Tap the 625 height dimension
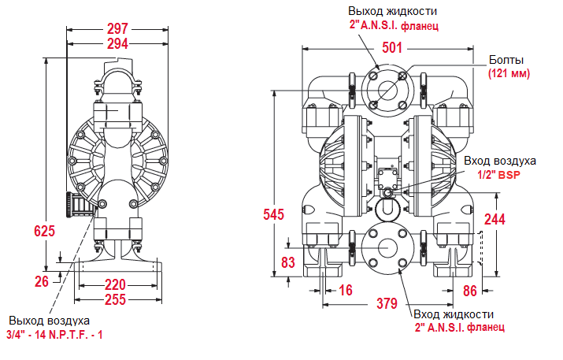[45, 231]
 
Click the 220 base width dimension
[116, 285]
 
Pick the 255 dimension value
[116, 299]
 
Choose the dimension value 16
[345, 291]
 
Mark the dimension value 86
[471, 291]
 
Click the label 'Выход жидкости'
[393, 11]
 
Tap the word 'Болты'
[506, 60]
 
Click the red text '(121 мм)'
[509, 73]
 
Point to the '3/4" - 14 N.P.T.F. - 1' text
[55, 335]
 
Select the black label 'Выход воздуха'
[50, 321]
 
